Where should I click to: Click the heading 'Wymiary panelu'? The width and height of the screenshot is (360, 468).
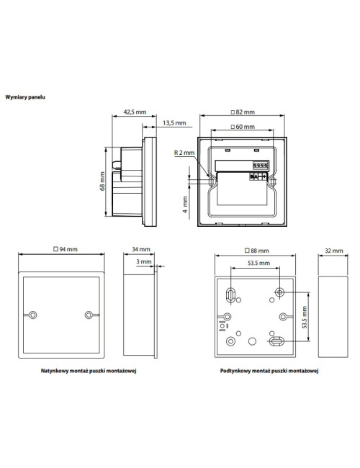tap(25, 95)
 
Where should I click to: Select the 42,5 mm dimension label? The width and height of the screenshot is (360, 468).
tap(135, 112)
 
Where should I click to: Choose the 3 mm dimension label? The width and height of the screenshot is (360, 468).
tap(145, 262)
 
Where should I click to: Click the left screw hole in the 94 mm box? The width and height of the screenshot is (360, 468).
tap(33, 315)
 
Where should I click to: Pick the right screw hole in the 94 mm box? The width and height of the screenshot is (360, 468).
tap(89, 315)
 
